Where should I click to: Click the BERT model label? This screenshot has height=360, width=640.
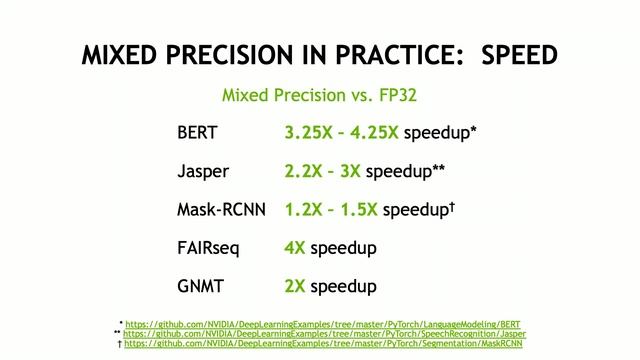(x=196, y=133)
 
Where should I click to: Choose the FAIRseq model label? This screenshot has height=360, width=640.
(x=209, y=248)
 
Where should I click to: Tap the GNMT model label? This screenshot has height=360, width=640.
(x=199, y=286)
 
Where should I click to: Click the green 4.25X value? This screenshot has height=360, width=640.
(x=375, y=133)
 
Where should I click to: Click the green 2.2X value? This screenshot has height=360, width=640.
(x=304, y=171)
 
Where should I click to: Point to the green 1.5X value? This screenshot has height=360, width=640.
(x=357, y=210)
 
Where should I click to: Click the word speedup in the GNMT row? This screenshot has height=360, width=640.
(x=343, y=287)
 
